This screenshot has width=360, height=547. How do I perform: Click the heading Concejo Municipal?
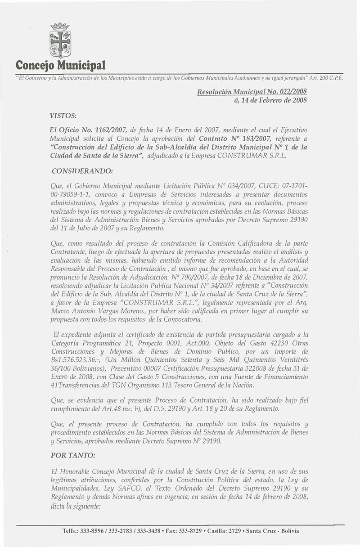[x=60, y=67]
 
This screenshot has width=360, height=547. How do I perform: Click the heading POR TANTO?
[x=73, y=455]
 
